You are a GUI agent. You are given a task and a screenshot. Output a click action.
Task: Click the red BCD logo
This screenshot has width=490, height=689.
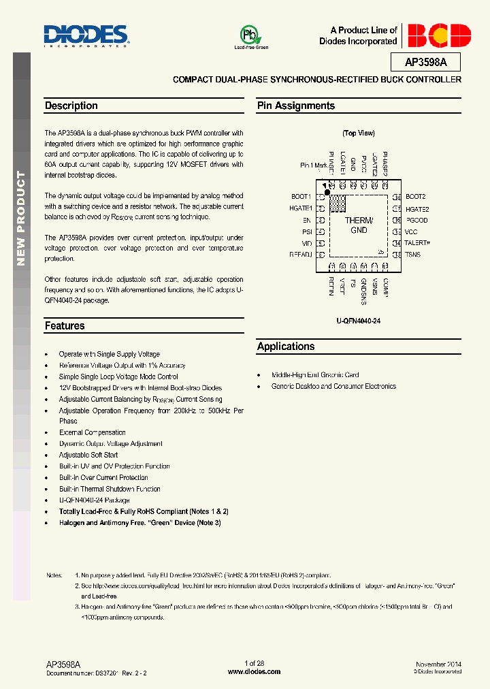tap(437, 35)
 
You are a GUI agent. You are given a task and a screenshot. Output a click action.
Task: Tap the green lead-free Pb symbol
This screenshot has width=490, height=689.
tap(250, 36)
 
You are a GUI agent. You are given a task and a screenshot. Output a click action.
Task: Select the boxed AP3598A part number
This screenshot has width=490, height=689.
tap(426, 63)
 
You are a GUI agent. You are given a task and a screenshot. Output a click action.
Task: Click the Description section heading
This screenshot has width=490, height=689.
tap(71, 106)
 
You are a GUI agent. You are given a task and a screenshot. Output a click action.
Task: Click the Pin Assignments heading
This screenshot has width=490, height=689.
tap(296, 106)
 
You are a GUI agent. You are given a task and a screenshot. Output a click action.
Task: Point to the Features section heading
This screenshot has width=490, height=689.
tap(65, 325)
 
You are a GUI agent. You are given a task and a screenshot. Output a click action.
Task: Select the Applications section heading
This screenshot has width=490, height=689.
tap(286, 346)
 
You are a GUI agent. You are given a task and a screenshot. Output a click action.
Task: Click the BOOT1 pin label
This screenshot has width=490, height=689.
tap(301, 197)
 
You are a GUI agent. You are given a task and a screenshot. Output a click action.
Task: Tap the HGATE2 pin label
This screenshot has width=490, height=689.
tap(417, 209)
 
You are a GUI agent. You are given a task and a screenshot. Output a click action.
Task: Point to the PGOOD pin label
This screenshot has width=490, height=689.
tap(416, 221)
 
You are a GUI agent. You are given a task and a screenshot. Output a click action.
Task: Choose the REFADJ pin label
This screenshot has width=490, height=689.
tap(300, 254)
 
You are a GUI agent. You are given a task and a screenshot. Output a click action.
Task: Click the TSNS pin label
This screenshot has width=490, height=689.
tap(412, 254)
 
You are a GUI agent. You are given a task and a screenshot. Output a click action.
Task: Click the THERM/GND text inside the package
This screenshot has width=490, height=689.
tap(359, 225)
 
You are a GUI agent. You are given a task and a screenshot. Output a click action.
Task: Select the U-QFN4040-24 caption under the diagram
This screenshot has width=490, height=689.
tap(358, 320)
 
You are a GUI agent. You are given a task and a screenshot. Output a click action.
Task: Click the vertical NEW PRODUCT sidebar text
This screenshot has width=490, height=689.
tap(21, 218)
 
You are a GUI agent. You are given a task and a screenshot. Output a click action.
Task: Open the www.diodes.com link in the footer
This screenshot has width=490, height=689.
tap(254, 671)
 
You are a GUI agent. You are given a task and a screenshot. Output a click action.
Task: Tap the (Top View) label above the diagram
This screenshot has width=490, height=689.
tap(359, 133)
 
